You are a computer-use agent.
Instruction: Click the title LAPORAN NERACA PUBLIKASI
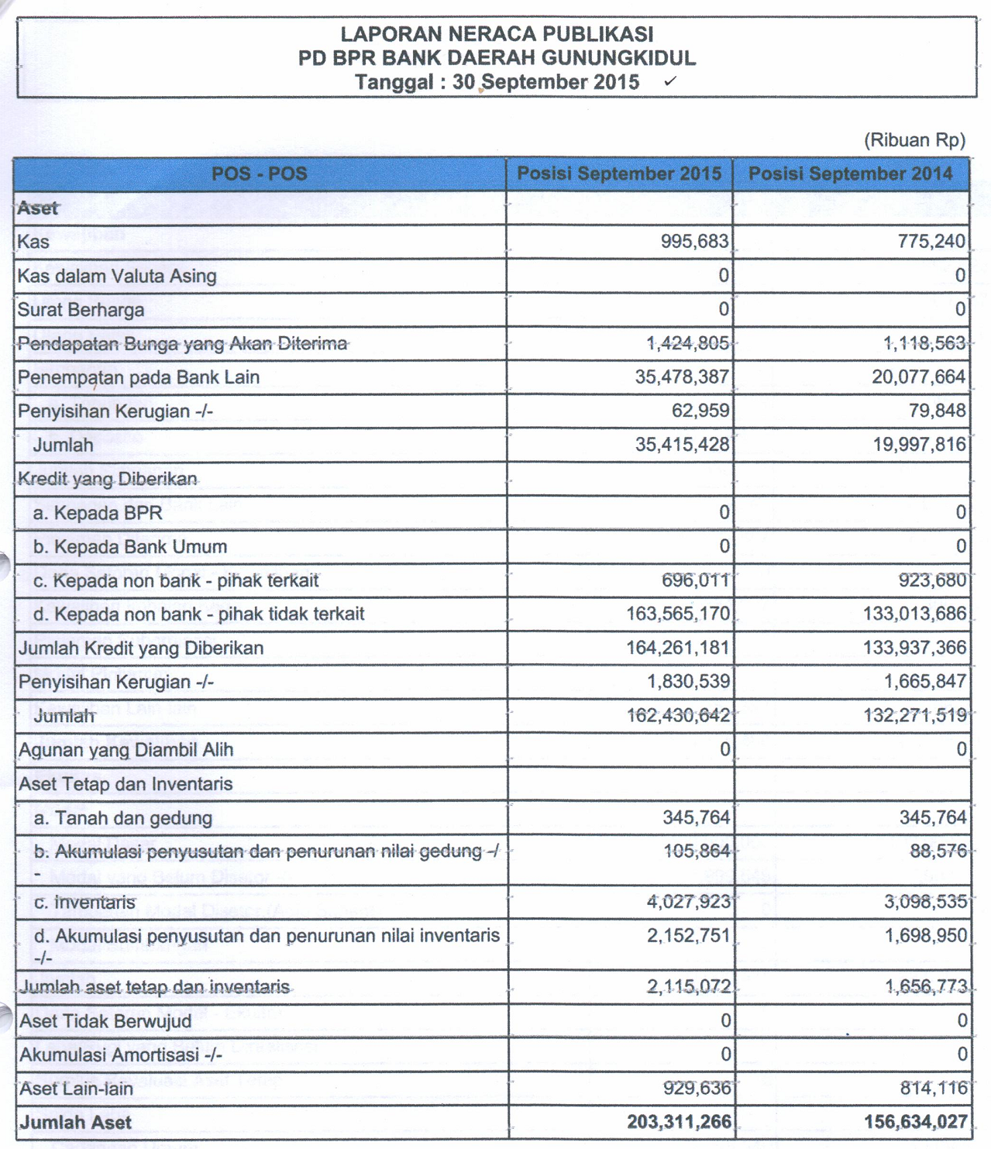pyautogui.click(x=497, y=34)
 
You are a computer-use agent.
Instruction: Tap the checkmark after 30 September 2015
pyautogui.click(x=670, y=81)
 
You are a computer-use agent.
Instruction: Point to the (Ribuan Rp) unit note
pyautogui.click(x=914, y=140)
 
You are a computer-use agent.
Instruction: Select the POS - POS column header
pyautogui.click(x=260, y=174)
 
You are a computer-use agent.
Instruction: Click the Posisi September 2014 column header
pyautogui.click(x=850, y=174)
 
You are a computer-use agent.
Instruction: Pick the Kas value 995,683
pyautogui.click(x=694, y=242)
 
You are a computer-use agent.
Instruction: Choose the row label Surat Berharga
pyautogui.click(x=81, y=310)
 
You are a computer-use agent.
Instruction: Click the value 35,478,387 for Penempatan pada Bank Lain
pyautogui.click(x=682, y=377)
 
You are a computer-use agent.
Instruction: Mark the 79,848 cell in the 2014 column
pyautogui.click(x=937, y=411)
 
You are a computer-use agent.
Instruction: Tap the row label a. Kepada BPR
pyautogui.click(x=98, y=513)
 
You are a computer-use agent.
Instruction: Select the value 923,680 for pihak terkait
pyautogui.click(x=932, y=580)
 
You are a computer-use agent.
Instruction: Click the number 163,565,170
pyautogui.click(x=678, y=614)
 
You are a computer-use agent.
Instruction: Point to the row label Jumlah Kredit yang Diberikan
pyautogui.click(x=141, y=648)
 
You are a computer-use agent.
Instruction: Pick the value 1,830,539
pyautogui.click(x=688, y=682)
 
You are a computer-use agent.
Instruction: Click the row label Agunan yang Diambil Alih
pyautogui.click(x=126, y=750)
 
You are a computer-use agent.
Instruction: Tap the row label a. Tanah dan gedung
pyautogui.click(x=122, y=818)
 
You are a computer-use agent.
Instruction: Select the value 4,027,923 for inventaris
pyautogui.click(x=688, y=902)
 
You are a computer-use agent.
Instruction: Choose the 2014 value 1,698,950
pyautogui.click(x=925, y=936)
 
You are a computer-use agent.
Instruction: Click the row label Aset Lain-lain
pyautogui.click(x=76, y=1089)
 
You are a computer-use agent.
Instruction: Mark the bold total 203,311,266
pyautogui.click(x=679, y=1122)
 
